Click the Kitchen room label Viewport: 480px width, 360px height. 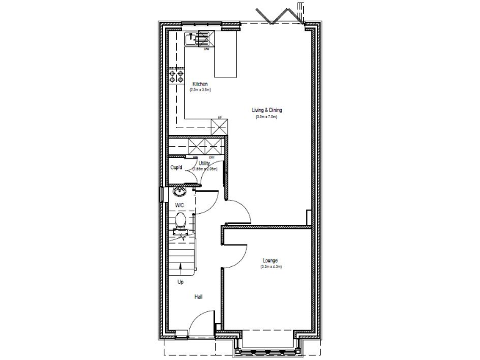tap(200, 84)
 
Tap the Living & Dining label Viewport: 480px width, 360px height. tap(266, 111)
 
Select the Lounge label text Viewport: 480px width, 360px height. tap(271, 260)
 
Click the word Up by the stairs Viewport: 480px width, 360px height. tap(181, 282)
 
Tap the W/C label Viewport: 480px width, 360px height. tap(179, 205)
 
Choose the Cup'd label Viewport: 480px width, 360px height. tap(177, 167)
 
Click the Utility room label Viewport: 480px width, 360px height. tap(204, 164)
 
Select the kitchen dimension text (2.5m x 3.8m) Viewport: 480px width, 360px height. tap(200, 91)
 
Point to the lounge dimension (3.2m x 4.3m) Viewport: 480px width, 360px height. tap(271, 267)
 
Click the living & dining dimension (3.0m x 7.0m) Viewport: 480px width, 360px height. tap(266, 117)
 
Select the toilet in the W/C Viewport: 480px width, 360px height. tap(180, 220)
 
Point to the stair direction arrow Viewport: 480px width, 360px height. tap(182, 269)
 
